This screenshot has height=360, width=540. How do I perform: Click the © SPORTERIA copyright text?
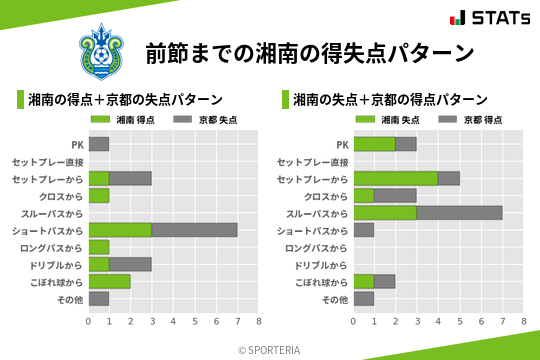click(x=270, y=350)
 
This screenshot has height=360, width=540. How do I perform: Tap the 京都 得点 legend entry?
click(x=473, y=119)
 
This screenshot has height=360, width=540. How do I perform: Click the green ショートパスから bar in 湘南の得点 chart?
click(x=120, y=230)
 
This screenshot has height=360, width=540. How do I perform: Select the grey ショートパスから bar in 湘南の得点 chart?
click(x=194, y=230)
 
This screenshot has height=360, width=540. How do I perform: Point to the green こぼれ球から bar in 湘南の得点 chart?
click(x=109, y=281)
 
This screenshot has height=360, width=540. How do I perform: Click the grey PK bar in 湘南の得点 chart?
click(x=99, y=144)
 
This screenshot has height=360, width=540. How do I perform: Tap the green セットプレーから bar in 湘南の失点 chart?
click(x=395, y=178)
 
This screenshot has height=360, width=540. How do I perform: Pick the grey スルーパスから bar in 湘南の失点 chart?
click(x=459, y=213)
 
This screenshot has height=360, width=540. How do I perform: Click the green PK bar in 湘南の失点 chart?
click(x=374, y=144)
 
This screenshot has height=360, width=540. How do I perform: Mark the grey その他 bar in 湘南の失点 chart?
click(x=363, y=298)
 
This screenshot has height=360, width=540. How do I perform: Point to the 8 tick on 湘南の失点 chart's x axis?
click(x=523, y=321)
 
